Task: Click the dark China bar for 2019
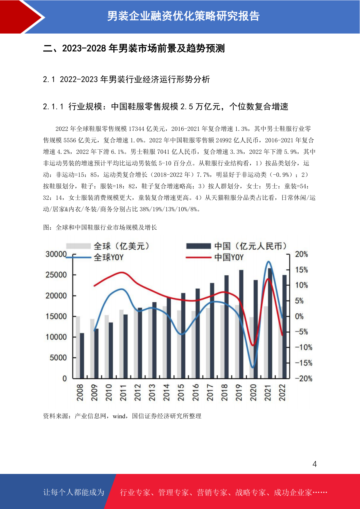241,324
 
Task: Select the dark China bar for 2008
82,356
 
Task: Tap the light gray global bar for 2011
122,344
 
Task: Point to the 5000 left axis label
58,358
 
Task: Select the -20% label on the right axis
303,379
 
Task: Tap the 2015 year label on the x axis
181,393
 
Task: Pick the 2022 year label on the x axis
282,393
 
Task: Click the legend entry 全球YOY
95,258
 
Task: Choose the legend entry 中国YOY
215,258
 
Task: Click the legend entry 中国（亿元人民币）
236,246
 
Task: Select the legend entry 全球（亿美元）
108,246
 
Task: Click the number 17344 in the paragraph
137,129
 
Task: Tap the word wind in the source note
119,416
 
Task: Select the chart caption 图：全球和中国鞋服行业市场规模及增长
100,228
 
